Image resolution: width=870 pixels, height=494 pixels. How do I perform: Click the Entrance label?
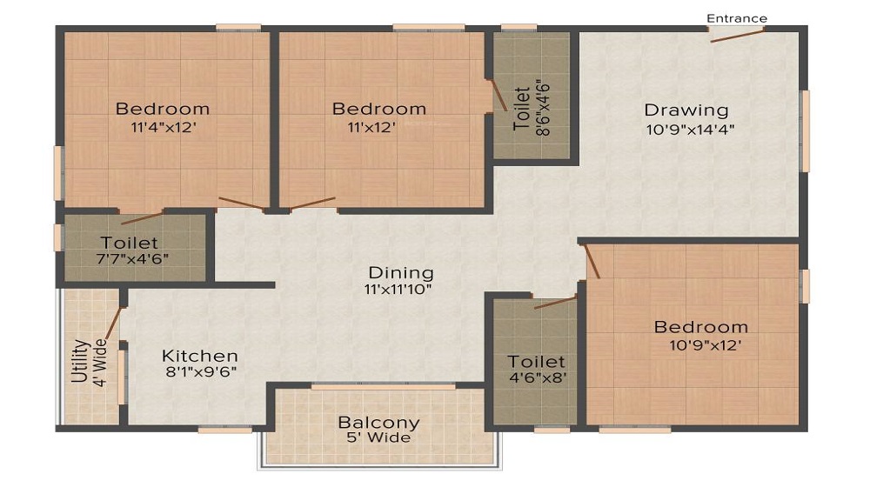737,18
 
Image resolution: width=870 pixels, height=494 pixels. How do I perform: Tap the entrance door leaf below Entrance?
738,36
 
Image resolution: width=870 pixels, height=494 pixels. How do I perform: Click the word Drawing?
686,110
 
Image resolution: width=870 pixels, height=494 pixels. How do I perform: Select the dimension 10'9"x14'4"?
690,130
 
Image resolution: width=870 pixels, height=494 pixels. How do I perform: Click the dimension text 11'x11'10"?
398,290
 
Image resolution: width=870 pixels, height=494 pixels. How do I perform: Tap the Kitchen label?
200,356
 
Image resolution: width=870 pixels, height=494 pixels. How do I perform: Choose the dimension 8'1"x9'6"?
202,372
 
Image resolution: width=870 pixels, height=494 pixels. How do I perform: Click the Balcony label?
379,423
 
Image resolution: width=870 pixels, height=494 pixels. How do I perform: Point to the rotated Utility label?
80,361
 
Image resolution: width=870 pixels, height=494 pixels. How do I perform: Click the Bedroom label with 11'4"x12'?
163,109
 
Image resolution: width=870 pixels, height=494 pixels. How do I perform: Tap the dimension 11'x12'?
371,128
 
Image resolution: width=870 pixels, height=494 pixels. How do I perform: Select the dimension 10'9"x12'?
706,345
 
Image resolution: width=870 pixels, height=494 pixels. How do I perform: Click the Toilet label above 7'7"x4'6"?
130,243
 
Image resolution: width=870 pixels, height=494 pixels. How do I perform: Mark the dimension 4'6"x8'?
537,378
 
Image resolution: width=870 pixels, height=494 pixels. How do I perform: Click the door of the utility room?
113,323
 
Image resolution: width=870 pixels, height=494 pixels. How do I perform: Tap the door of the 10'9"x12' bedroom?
592,262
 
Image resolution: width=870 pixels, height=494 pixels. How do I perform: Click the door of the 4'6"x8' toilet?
555,302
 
